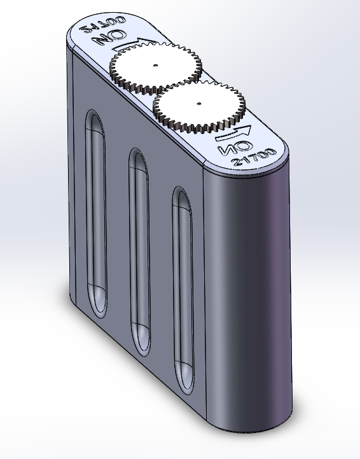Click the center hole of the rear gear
pos(155,65)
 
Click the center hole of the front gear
pos(199,102)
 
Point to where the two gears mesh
pos(176,85)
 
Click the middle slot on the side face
pos(140,248)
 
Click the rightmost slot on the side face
pos(183,286)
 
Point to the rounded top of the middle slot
pos(138,159)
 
